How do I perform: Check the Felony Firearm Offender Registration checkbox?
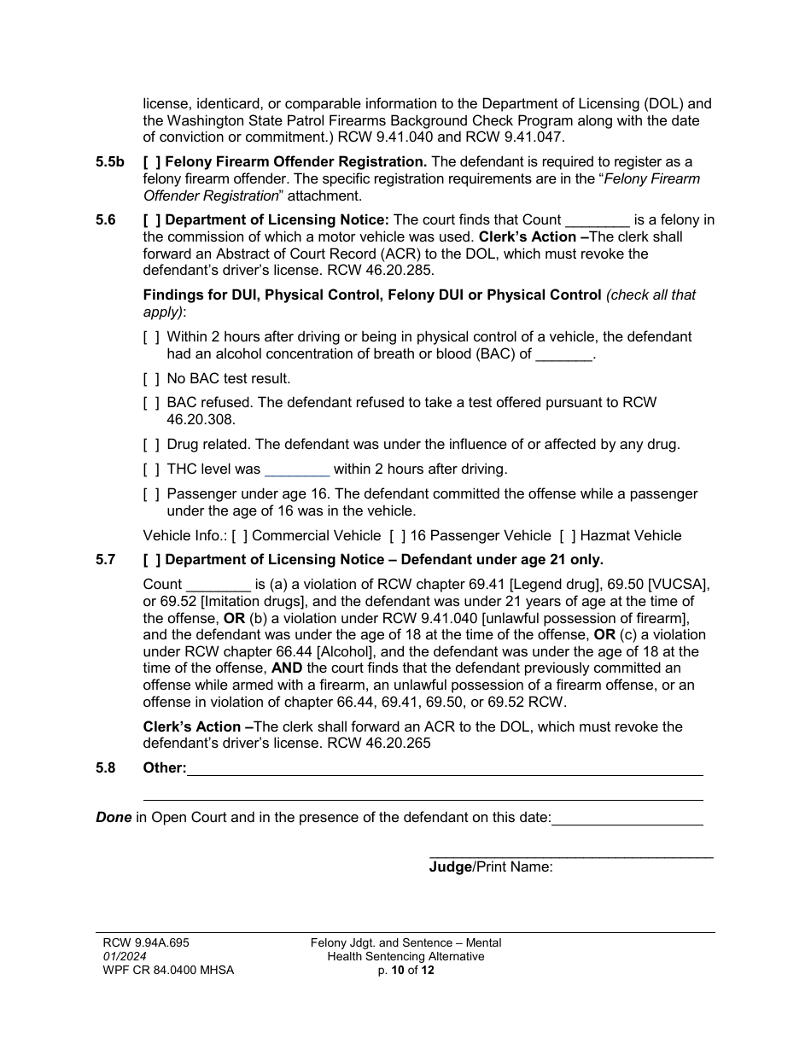point(151,162)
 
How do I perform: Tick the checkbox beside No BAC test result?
point(151,379)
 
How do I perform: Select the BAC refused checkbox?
point(151,403)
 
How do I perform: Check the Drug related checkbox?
point(151,445)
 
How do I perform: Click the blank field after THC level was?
point(297,470)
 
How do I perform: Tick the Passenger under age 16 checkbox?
point(151,494)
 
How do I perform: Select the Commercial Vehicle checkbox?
point(240,536)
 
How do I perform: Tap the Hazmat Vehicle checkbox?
point(568,536)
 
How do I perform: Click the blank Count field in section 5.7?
point(219,585)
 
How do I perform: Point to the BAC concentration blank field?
point(563,354)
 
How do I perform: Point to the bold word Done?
point(114,818)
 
